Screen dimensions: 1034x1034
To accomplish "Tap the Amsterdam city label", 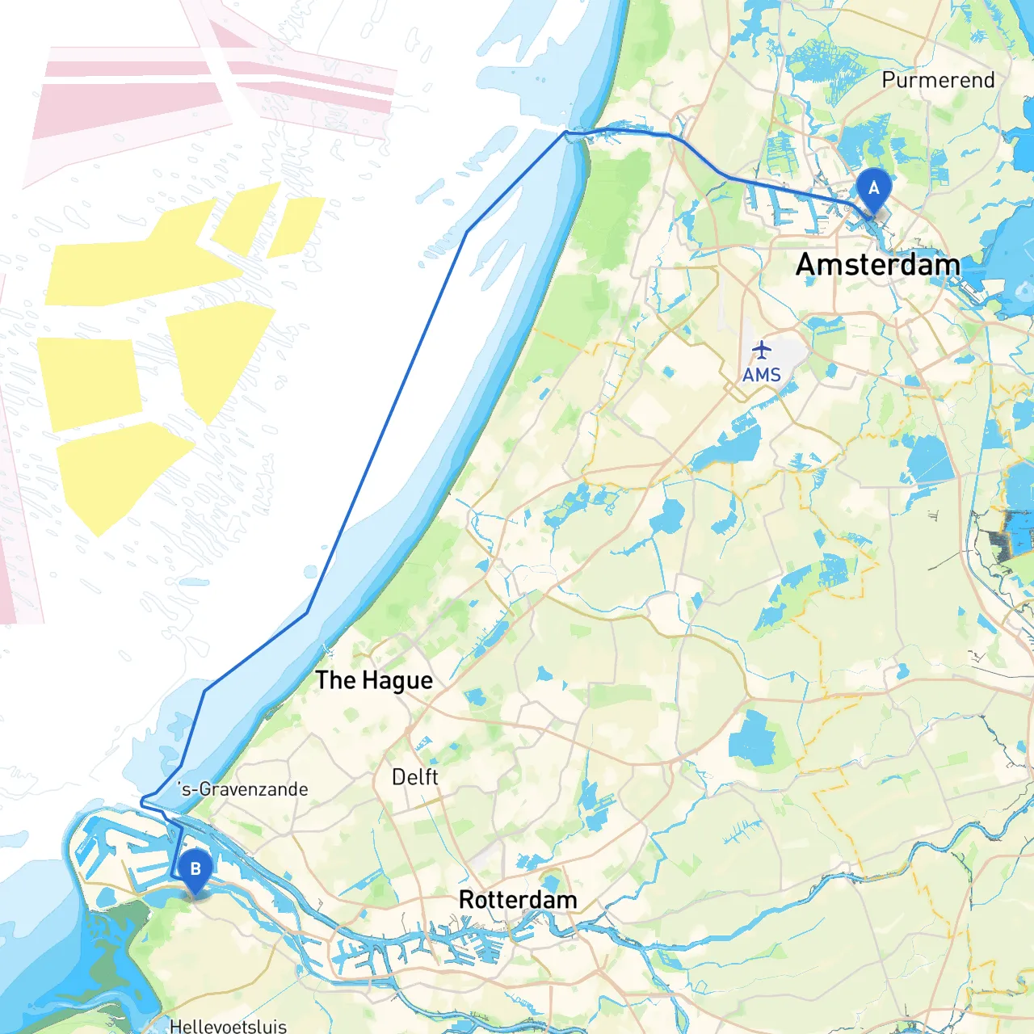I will (x=878, y=265).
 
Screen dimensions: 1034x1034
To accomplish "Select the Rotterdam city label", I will (x=518, y=900).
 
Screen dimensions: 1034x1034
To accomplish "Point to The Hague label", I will (x=374, y=681).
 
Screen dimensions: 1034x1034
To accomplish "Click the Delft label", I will (x=415, y=777).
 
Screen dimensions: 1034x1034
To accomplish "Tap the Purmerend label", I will (x=938, y=80).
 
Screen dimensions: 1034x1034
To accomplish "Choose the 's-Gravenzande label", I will (x=243, y=789).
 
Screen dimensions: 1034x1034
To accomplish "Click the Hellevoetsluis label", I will (x=228, y=1026).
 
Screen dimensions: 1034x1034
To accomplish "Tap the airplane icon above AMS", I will (x=762, y=351).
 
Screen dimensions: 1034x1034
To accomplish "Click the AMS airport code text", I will (x=762, y=375).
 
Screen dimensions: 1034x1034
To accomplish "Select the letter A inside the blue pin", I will (x=873, y=188).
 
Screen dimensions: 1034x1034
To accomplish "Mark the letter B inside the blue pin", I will (x=195, y=869).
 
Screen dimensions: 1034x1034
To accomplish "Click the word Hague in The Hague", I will (x=397, y=681).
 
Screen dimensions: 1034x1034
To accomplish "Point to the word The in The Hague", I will (x=335, y=680).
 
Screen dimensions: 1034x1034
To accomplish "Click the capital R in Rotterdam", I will (x=466, y=900).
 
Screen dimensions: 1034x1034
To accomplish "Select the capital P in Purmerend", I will (x=889, y=80).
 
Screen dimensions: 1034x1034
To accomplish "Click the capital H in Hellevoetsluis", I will (x=175, y=1026).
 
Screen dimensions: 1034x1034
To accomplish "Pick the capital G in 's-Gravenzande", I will (x=205, y=789).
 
